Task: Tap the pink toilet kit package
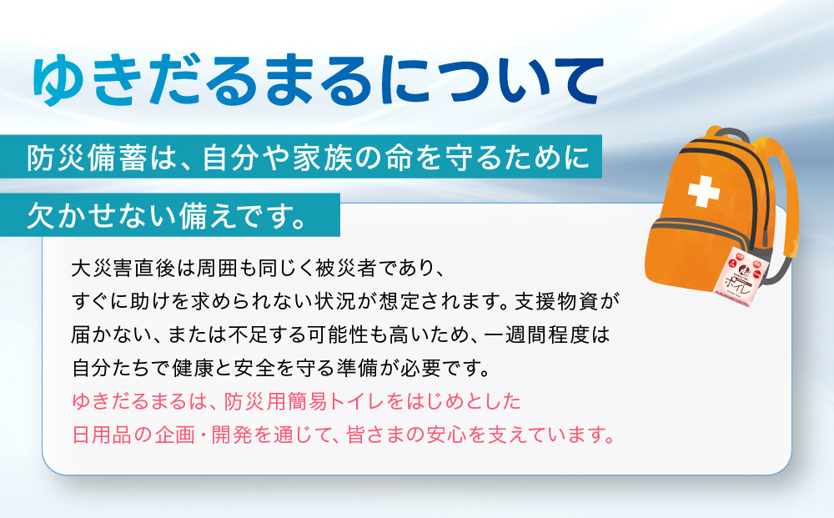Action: (746, 275)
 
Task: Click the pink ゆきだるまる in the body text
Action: (126, 402)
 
